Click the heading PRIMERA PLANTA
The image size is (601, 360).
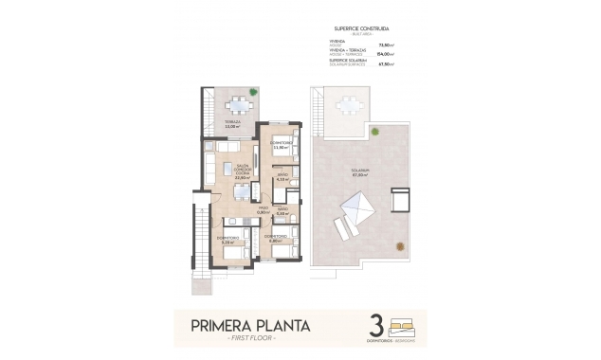251,327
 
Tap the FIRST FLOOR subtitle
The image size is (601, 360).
251,340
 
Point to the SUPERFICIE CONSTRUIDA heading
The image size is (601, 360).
360,28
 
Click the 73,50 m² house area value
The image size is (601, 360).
386,44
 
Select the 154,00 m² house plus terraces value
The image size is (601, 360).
386,54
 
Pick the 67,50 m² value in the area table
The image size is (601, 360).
386,64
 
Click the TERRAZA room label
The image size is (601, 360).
232,122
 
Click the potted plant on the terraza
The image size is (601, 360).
252,92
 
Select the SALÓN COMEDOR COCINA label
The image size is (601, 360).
243,170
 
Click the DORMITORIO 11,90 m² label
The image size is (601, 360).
280,145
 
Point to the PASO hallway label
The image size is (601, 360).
263,209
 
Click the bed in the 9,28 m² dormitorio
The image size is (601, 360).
234,252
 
